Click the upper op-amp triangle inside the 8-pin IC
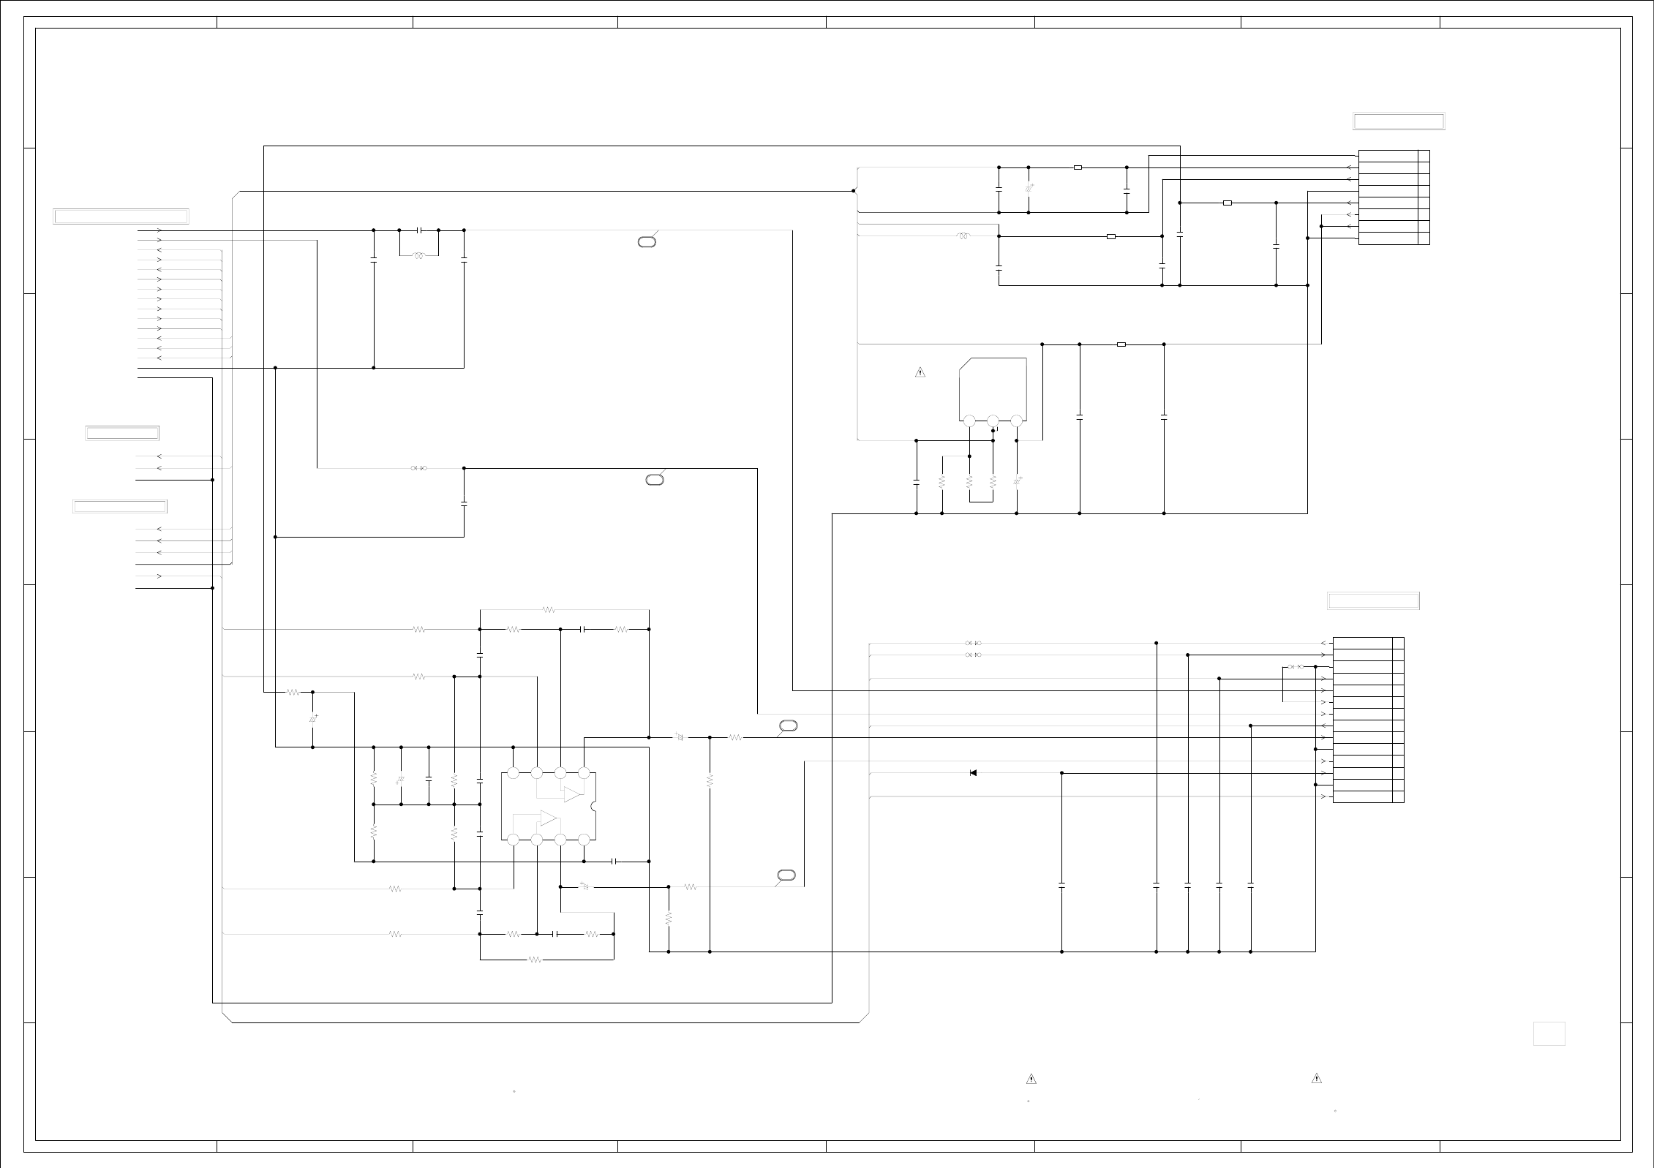point(572,795)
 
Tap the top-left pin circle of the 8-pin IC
point(513,773)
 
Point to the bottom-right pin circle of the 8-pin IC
point(584,840)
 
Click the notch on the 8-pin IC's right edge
point(594,807)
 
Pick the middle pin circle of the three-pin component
point(993,421)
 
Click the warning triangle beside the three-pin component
point(920,373)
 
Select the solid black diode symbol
point(973,773)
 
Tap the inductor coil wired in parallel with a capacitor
point(419,256)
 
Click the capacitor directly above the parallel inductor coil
point(419,230)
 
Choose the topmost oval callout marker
point(647,241)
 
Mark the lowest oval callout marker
point(787,875)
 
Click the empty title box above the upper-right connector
point(1399,121)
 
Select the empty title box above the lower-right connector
point(1373,601)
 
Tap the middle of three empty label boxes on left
point(122,433)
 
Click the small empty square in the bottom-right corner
point(1549,1033)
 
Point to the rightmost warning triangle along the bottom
point(1316,1078)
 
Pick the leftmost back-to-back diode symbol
point(419,468)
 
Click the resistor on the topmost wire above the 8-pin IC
point(549,609)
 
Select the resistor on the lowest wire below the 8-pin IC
point(535,960)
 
